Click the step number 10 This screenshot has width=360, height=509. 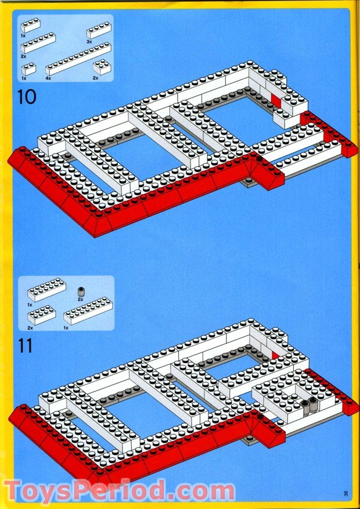tap(27, 96)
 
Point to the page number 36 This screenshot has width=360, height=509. tap(345, 494)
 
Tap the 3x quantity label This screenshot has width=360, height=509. tap(89, 42)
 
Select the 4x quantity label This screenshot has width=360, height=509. tap(48, 78)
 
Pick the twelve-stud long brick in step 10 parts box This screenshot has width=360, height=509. tap(78, 59)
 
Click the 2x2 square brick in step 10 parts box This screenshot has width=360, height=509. tap(101, 67)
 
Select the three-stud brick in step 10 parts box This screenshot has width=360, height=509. tap(31, 26)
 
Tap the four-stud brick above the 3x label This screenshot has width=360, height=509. tap(99, 30)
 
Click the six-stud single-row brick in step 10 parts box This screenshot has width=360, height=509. tap(38, 43)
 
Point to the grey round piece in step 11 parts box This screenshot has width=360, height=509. tap(81, 291)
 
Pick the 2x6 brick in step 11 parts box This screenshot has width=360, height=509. tap(46, 289)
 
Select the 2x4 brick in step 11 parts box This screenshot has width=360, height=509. tap(41, 315)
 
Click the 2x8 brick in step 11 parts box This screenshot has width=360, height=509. tap(88, 311)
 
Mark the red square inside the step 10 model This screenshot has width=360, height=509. tap(276, 101)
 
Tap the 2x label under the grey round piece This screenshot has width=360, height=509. tap(81, 299)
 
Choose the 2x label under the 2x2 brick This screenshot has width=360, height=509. tap(95, 78)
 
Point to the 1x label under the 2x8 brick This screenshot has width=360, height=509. tap(66, 328)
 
